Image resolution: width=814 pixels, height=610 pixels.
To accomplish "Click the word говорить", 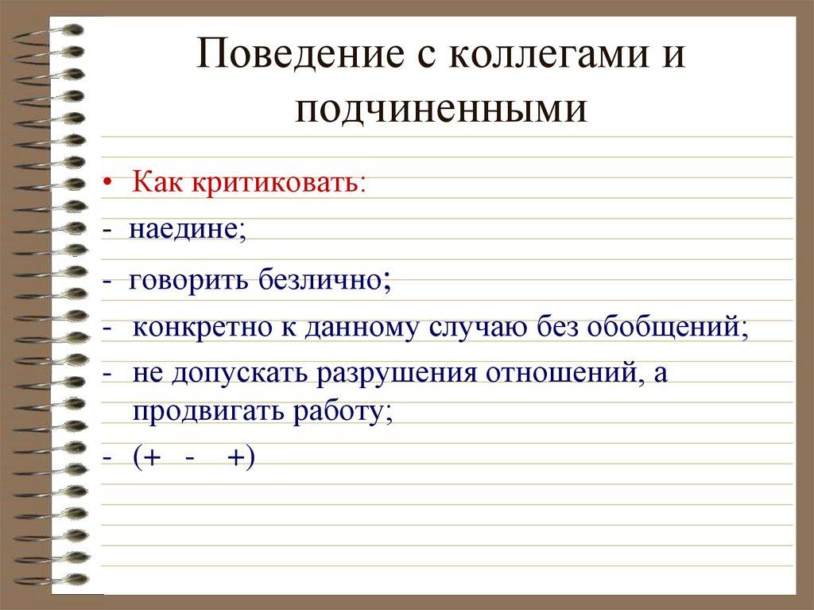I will [185, 279].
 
